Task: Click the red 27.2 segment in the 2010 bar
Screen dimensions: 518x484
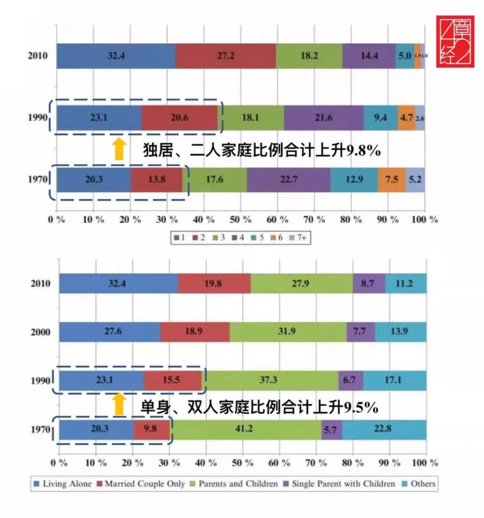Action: click(x=226, y=56)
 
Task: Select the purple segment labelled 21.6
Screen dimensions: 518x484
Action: click(x=324, y=118)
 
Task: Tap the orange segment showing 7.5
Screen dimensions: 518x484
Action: click(x=392, y=180)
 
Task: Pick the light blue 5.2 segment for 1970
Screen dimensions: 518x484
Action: click(x=415, y=180)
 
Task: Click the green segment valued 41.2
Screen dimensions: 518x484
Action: click(x=246, y=430)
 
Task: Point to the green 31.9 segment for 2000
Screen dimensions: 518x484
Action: click(x=288, y=332)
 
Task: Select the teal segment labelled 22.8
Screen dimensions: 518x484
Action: click(x=384, y=430)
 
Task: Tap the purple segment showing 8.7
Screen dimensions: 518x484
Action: click(x=369, y=284)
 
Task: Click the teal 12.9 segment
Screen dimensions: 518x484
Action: click(x=354, y=180)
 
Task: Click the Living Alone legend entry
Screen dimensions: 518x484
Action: click(x=63, y=484)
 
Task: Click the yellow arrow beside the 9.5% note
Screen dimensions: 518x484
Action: click(x=120, y=405)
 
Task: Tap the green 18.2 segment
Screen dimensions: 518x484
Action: click(x=309, y=56)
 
